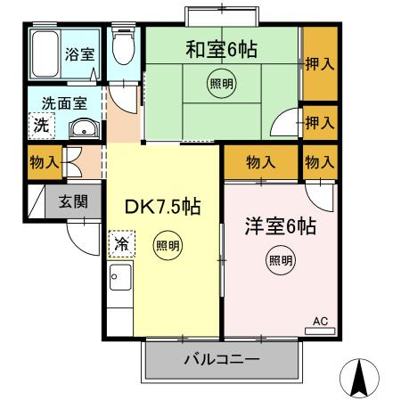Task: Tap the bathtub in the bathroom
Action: click(x=45, y=55)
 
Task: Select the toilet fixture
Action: click(x=123, y=51)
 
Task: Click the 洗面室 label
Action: click(x=55, y=104)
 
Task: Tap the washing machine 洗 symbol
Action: click(x=41, y=126)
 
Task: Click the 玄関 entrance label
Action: click(x=74, y=200)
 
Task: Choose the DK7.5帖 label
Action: click(x=161, y=207)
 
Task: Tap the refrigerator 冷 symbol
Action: click(x=119, y=241)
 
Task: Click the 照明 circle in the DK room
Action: click(x=167, y=245)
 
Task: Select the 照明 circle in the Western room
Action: click(x=280, y=261)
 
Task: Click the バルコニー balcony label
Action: click(x=221, y=361)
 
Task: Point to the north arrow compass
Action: click(x=360, y=378)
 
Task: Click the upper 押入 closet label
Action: click(x=320, y=64)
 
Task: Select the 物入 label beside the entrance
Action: click(x=45, y=162)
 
